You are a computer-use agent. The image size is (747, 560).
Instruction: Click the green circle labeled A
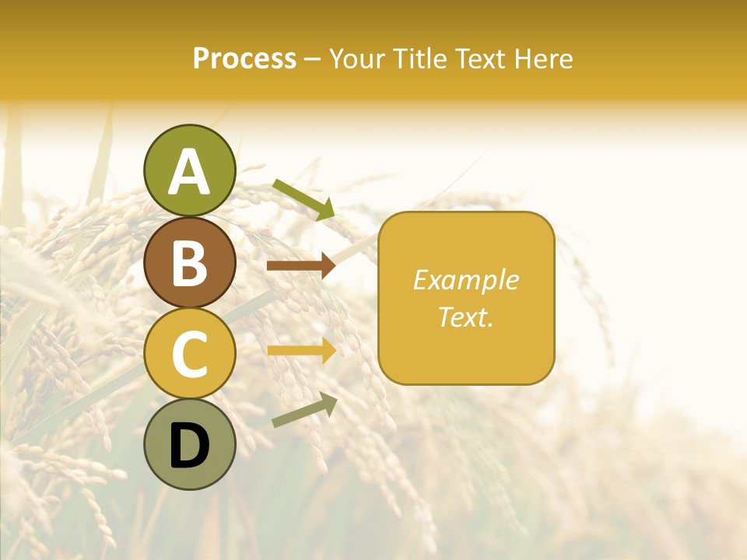click(189, 170)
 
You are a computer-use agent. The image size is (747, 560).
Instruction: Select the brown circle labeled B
click(189, 262)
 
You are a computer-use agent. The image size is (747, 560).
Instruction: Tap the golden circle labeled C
click(189, 353)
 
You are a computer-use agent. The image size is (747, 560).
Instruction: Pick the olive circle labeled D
click(189, 444)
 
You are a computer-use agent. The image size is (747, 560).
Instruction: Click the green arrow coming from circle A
click(303, 199)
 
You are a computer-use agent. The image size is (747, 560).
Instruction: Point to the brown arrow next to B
click(300, 266)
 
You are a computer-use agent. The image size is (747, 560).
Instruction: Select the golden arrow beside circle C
click(300, 351)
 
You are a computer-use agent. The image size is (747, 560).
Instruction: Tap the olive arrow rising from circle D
click(304, 410)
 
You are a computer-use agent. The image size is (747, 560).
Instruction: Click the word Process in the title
click(244, 59)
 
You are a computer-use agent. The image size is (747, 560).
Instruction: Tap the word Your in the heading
click(357, 59)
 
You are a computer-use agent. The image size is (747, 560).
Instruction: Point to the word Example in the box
click(465, 280)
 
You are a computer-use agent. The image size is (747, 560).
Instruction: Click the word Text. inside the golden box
click(465, 317)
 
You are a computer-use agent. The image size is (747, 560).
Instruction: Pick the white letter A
click(189, 172)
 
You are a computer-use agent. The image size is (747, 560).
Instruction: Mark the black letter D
click(189, 446)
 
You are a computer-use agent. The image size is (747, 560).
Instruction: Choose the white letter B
click(189, 263)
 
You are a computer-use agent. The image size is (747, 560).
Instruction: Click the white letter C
click(189, 355)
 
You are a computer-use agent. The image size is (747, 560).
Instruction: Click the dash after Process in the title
click(312, 60)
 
